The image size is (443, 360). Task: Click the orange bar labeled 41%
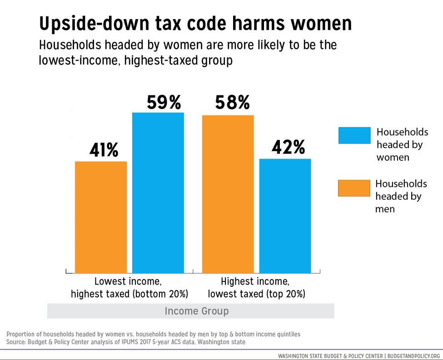101,217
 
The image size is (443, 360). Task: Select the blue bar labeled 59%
158,193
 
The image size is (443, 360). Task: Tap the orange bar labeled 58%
228,194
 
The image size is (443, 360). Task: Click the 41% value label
104,150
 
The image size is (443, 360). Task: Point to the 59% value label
164,103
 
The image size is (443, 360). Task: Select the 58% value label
232,103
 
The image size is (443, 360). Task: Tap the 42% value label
288,147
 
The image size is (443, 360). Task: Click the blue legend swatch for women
354,135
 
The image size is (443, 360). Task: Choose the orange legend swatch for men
354,188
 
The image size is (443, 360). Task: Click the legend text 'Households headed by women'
402,145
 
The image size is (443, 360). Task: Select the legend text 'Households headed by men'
401,196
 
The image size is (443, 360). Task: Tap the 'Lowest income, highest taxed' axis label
129,287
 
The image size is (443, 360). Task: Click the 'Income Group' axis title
196,311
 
